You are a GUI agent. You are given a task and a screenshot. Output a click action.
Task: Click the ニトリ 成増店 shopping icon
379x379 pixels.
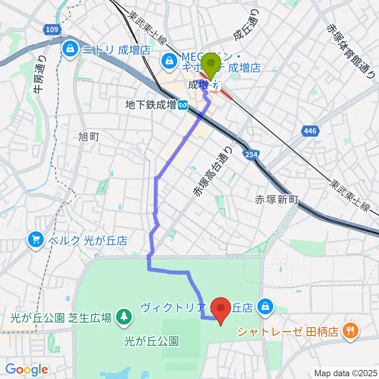pos(70,49)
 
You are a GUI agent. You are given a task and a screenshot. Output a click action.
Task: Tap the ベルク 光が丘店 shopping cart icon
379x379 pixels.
pos(36,239)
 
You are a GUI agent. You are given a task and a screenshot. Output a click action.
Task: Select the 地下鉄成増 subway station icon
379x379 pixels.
pos(182,105)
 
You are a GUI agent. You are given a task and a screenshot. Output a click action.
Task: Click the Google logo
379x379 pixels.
pos(26,370)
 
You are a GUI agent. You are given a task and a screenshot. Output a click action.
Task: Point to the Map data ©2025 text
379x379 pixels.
pos(345,372)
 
